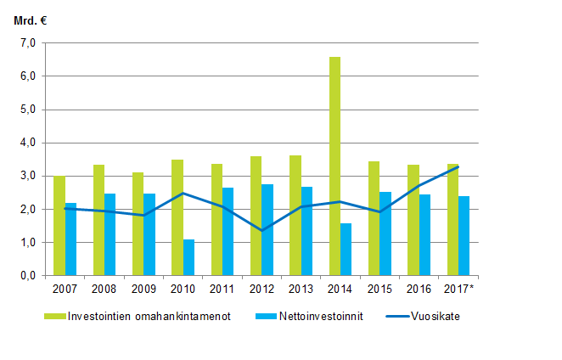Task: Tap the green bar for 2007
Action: (x=59, y=226)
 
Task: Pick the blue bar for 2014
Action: (x=346, y=250)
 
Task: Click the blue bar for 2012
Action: (x=267, y=230)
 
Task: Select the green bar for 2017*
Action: (x=452, y=220)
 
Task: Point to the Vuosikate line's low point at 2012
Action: (x=261, y=230)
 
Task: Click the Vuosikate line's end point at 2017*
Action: (x=458, y=166)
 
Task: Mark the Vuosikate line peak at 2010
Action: (x=183, y=194)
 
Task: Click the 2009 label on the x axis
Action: (x=143, y=289)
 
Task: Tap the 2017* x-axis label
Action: (x=459, y=289)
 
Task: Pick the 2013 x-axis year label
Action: (x=301, y=289)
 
